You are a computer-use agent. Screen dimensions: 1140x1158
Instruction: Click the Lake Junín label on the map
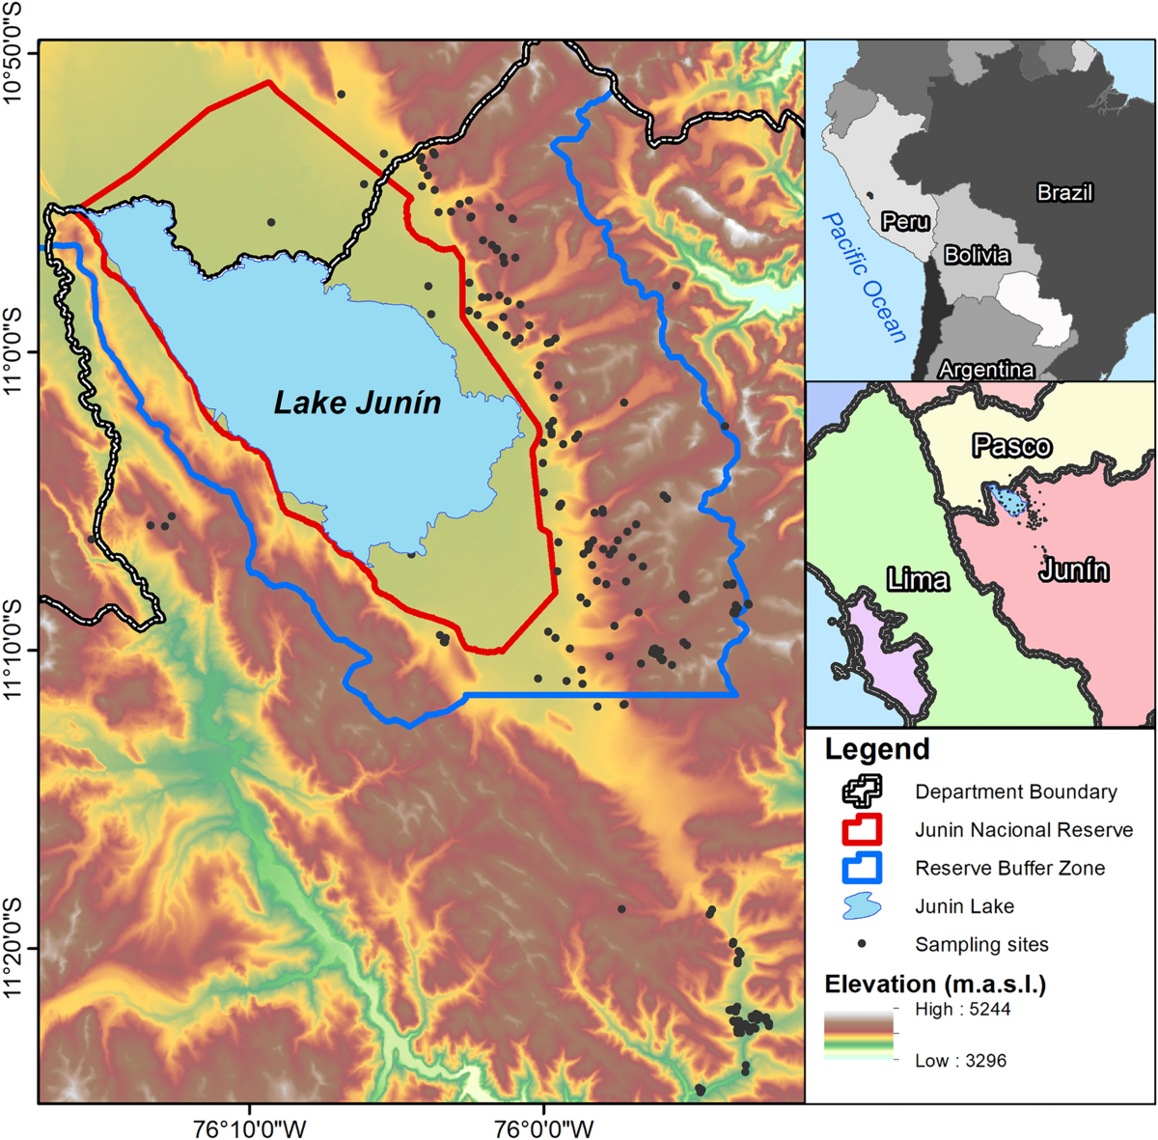pos(357,403)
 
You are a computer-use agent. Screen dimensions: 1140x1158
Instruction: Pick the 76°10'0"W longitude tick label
pos(251,1126)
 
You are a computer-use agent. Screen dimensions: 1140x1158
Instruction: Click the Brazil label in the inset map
pos(1064,192)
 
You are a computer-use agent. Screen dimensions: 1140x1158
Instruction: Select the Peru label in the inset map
pos(905,222)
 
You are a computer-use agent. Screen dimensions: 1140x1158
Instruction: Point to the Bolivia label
pos(977,255)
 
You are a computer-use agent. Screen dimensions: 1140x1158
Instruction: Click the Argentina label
pos(985,369)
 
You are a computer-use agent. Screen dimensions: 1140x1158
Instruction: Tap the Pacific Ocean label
pos(865,278)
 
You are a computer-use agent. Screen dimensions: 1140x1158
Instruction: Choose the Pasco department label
pos(1011,446)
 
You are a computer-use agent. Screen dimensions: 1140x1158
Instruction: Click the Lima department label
pos(918,579)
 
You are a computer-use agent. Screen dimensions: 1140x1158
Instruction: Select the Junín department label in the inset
pos(1073,570)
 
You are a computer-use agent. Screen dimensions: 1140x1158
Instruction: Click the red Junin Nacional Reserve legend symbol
pos(861,829)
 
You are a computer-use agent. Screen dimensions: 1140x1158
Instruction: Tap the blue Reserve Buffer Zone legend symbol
pos(861,868)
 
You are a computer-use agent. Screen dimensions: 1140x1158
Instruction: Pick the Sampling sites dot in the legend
pos(861,944)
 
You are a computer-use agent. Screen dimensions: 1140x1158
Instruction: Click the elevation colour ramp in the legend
pos(858,1035)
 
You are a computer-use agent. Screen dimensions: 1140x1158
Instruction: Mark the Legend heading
pos(876,749)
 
